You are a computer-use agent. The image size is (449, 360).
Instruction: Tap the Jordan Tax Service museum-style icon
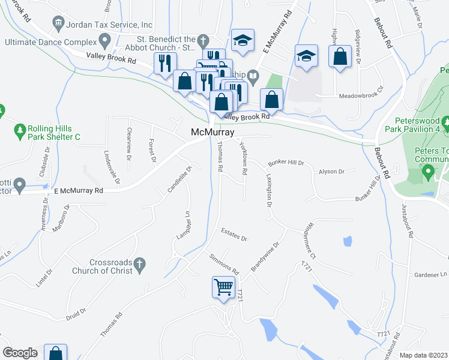click(59, 24)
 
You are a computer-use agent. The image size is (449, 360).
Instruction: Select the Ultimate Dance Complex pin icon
click(105, 41)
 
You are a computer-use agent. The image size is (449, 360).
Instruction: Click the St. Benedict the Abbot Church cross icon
click(203, 41)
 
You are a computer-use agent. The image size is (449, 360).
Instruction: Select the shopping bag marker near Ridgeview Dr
click(340, 57)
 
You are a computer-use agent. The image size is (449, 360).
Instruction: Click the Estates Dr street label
click(234, 234)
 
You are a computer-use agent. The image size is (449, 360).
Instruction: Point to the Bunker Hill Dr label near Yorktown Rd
click(286, 163)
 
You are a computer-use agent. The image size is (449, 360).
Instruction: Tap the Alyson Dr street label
click(331, 172)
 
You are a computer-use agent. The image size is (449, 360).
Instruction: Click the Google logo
click(20, 353)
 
